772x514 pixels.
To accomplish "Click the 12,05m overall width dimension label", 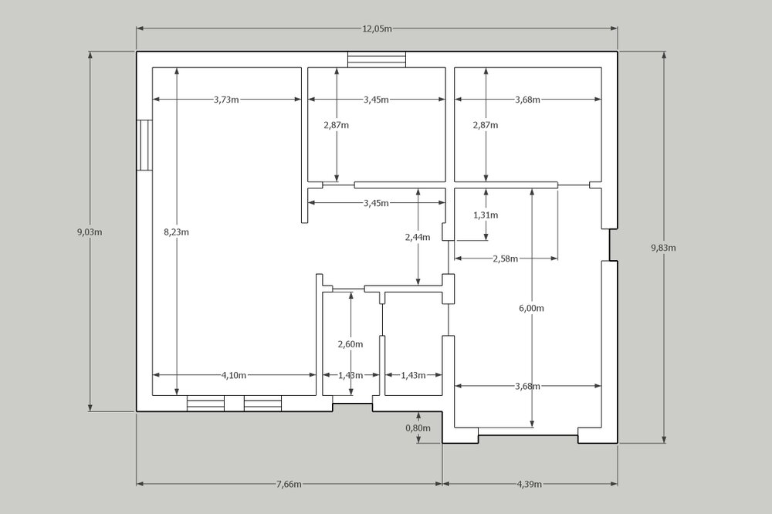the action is click(x=378, y=29).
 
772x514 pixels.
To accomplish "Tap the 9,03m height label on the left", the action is click(x=90, y=232).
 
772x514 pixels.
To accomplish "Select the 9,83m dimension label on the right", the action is click(x=663, y=248).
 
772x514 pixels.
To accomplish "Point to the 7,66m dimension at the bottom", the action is click(x=289, y=484).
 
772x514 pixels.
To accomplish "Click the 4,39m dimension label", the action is click(x=530, y=484).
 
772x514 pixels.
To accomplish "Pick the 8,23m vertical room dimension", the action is click(x=176, y=232).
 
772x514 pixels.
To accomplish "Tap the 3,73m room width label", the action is click(x=226, y=100).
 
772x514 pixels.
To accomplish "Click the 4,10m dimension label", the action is click(x=234, y=375).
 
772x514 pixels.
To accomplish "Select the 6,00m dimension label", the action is click(x=531, y=308).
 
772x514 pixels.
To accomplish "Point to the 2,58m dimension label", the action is click(x=505, y=259).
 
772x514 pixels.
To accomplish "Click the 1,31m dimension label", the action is click(x=486, y=215).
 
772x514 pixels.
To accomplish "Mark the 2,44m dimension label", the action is click(x=418, y=237).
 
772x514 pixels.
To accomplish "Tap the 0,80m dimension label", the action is click(x=418, y=428).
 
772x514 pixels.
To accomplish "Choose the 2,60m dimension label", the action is click(x=350, y=344).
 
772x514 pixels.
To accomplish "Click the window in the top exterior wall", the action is click(x=377, y=59).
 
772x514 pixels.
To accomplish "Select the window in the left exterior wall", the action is click(x=144, y=145).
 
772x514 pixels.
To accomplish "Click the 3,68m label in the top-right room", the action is click(x=527, y=100).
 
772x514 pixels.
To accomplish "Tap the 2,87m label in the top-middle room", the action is click(x=337, y=125).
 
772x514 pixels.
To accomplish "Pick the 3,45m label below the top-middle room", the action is click(x=376, y=203).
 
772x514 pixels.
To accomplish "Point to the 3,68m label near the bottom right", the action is click(x=527, y=386).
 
